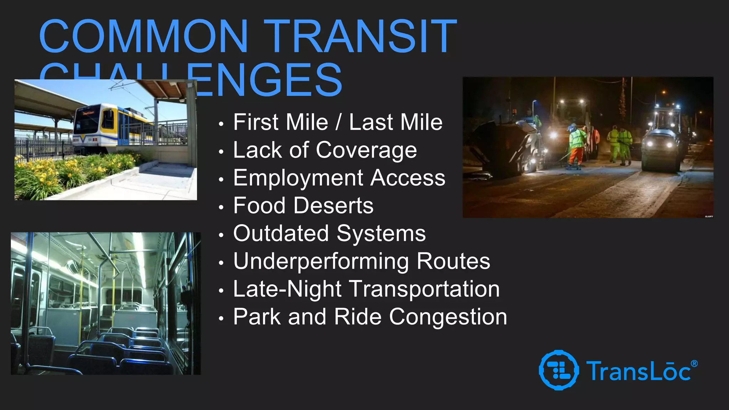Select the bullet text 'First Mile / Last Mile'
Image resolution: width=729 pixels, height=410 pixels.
coord(338,122)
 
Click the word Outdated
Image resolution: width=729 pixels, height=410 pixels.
coord(281,233)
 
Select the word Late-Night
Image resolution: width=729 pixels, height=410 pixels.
coord(287,289)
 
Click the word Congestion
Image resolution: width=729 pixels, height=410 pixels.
coord(448,317)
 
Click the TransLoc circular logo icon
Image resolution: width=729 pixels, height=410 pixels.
coord(558,370)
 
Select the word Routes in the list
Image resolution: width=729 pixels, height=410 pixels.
coord(453,261)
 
